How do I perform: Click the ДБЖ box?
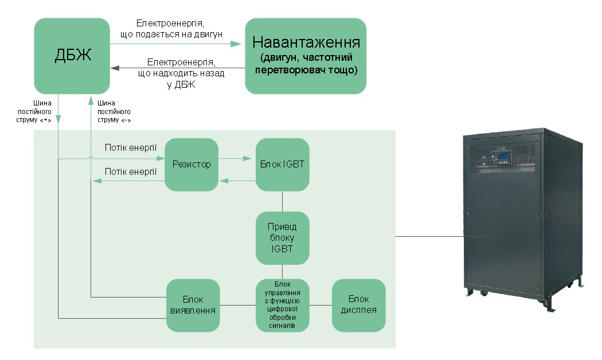click(72, 56)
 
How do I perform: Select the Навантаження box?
click(306, 56)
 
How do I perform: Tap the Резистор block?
click(191, 165)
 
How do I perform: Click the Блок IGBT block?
click(282, 165)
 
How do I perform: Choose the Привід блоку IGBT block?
click(282, 238)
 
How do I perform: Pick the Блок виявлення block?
click(193, 305)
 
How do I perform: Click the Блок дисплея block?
click(359, 305)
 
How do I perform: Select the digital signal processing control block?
click(282, 305)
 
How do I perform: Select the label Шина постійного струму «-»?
click(114, 112)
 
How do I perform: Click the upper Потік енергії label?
click(131, 148)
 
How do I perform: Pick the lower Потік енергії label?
click(131, 171)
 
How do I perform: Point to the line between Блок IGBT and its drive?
click(282, 201)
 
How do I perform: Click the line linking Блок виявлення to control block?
click(238, 305)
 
